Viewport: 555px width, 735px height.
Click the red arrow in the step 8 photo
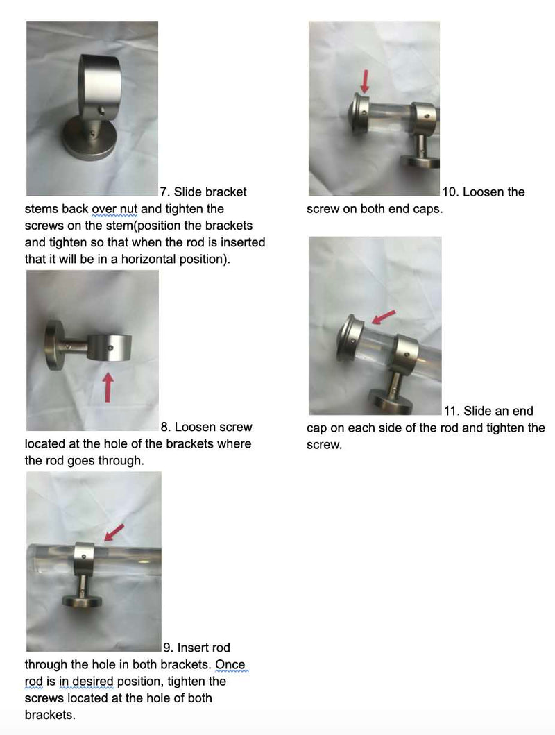tap(108, 387)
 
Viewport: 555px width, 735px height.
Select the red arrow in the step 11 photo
tap(384, 316)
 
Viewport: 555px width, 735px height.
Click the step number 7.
tap(165, 192)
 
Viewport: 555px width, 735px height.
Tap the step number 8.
tap(166, 427)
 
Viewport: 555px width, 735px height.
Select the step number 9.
tap(167, 648)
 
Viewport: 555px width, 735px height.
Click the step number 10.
tap(449, 192)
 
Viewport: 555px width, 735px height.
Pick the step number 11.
tap(450, 411)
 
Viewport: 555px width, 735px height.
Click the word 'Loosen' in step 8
tap(202, 427)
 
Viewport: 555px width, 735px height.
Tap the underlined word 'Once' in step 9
tap(230, 665)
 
